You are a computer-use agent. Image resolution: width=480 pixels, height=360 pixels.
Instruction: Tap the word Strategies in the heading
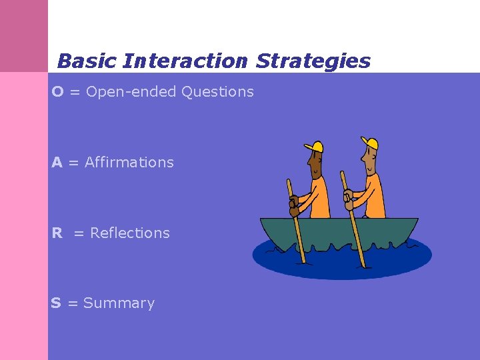coord(313,61)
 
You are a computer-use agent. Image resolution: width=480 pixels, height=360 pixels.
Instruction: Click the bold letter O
coord(58,92)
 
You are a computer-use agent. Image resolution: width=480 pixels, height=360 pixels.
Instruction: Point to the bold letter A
coord(57,163)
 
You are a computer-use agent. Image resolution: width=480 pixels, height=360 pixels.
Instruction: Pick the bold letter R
coord(57,233)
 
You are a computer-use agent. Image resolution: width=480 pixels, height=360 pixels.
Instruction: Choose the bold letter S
coord(56,303)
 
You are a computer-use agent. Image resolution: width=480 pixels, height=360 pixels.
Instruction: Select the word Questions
coord(217,92)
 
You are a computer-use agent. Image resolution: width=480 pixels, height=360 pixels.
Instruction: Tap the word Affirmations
coord(129,163)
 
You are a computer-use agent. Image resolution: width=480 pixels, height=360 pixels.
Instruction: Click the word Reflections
coord(130,233)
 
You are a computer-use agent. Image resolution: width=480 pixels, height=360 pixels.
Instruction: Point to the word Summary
coord(119,303)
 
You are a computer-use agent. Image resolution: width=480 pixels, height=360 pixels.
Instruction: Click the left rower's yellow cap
coord(314,146)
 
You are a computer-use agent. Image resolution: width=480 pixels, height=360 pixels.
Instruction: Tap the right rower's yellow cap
coord(369,143)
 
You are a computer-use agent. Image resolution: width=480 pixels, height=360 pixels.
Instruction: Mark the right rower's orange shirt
coord(373,197)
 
